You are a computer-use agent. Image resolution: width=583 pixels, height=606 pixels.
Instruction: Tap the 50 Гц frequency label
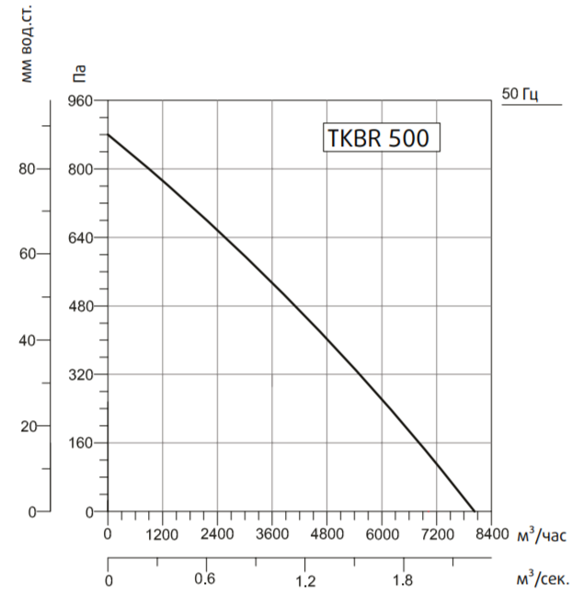[520, 94]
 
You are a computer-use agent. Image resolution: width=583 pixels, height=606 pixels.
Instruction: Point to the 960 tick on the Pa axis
[81, 101]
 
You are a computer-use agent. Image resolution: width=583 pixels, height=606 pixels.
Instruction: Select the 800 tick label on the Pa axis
[81, 169]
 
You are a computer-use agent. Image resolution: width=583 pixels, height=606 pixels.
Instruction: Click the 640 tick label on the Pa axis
[81, 238]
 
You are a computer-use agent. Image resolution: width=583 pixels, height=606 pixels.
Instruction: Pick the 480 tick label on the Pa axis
[81, 306]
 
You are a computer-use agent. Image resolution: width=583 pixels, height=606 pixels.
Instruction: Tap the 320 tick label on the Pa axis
[81, 375]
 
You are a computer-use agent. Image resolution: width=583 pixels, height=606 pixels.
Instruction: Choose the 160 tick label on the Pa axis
[81, 443]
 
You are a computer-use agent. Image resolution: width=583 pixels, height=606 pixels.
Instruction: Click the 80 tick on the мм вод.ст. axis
[27, 169]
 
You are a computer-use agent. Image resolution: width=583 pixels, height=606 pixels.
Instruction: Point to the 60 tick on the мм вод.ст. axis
[27, 255]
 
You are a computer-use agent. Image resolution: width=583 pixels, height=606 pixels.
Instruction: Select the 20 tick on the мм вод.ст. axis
[27, 426]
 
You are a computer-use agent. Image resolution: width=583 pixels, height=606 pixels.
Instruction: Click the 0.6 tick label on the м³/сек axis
[204, 579]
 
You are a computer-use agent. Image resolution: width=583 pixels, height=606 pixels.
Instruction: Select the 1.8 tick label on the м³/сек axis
[403, 580]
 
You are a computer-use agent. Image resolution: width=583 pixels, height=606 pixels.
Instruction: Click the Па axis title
[79, 70]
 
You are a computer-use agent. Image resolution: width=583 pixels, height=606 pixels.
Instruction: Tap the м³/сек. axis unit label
[543, 579]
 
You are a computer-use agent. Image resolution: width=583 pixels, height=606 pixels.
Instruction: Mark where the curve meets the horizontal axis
[474, 511]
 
